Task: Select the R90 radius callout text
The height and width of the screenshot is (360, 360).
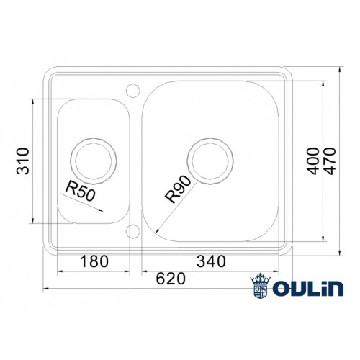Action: click(176, 189)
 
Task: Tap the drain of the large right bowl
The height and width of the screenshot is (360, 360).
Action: click(210, 159)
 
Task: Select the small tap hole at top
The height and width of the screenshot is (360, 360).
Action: click(132, 90)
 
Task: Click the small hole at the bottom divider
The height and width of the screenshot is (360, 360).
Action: click(132, 230)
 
